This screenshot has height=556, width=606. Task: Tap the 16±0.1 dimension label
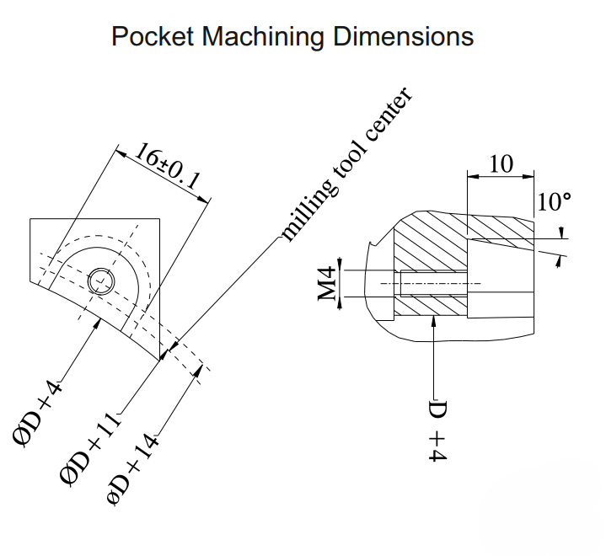pos(168,167)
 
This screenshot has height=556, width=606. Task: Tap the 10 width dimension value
pos(501,163)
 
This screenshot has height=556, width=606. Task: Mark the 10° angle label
pos(554,202)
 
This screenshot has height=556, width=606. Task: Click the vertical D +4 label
pos(437,430)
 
